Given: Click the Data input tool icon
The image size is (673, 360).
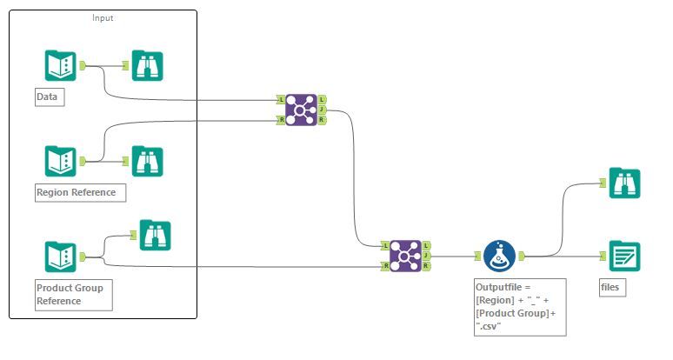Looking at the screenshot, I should click(61, 65).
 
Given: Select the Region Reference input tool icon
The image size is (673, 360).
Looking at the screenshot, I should click(61, 161).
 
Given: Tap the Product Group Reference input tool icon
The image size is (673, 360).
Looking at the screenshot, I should click(61, 257).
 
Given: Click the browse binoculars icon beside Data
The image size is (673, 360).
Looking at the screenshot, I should click(148, 65).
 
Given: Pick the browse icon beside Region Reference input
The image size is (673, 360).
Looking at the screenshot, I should click(148, 161).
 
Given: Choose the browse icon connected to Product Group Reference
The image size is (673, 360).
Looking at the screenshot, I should click(156, 235).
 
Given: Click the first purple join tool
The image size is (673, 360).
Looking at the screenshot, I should click(301, 109).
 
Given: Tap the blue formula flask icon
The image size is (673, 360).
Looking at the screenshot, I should click(501, 256).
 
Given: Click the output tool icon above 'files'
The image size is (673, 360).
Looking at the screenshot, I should click(624, 256).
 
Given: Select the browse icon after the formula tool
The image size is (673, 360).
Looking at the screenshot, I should click(624, 183).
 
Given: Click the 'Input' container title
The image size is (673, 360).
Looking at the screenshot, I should click(103, 17).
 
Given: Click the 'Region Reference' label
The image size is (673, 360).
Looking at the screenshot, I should click(76, 192).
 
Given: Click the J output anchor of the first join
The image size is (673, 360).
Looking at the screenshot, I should click(323, 110).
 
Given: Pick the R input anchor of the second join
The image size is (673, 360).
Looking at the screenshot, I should click(385, 265).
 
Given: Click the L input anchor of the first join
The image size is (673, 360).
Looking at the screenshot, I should click(280, 99).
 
